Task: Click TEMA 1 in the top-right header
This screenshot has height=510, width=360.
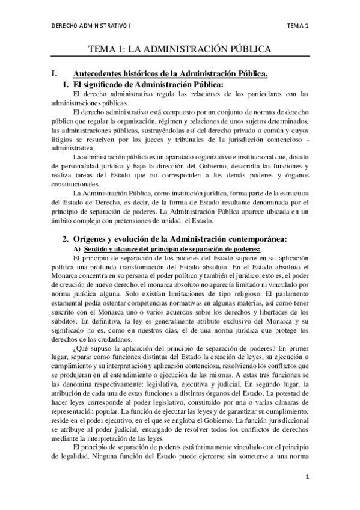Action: [297, 26]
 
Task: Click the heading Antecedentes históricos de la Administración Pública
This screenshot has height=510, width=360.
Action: [169, 73]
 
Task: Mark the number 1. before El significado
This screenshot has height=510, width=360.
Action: [66, 84]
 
